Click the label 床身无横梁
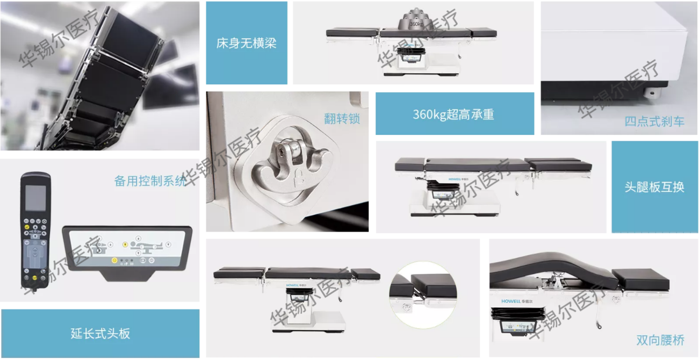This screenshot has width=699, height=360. [x=247, y=43]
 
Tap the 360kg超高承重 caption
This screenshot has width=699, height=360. [x=453, y=114]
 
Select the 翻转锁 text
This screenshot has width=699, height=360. [x=342, y=119]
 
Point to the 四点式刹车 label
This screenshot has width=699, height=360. [x=654, y=121]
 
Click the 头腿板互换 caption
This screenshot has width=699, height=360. [x=654, y=187]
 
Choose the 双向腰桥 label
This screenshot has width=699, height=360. [x=660, y=340]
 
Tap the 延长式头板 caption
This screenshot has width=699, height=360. [x=100, y=334]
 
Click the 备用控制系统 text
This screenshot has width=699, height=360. [x=150, y=181]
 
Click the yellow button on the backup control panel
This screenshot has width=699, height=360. [x=114, y=260]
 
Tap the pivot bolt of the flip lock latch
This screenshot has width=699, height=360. [x=282, y=152]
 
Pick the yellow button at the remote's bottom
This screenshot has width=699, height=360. [x=35, y=278]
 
